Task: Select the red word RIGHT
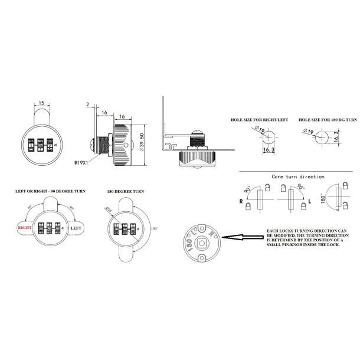(x=24, y=226)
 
